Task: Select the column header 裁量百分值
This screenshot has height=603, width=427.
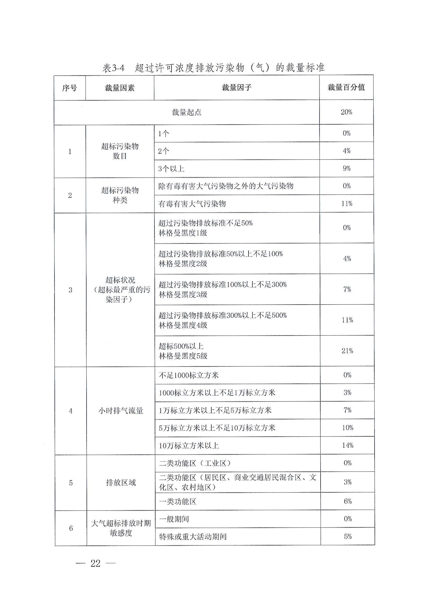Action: pyautogui.click(x=346, y=88)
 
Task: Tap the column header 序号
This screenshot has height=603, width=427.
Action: pyautogui.click(x=70, y=88)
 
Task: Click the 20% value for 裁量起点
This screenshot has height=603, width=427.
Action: pyautogui.click(x=346, y=112)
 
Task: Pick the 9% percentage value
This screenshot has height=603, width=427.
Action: pyautogui.click(x=347, y=168)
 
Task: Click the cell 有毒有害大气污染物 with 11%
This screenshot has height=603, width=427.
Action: pyautogui.click(x=192, y=204)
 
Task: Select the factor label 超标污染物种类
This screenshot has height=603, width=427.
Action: pyautogui.click(x=120, y=195)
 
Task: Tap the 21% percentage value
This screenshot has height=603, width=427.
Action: pyautogui.click(x=347, y=351)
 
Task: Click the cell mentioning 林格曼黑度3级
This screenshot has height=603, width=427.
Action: pyautogui.click(x=222, y=289)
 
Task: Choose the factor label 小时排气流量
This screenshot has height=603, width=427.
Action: pyautogui.click(x=121, y=411)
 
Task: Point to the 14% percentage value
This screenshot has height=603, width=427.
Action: pyautogui.click(x=348, y=445)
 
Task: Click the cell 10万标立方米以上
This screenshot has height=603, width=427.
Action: pyautogui.click(x=189, y=446)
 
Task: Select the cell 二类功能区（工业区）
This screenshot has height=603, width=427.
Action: pyautogui.click(x=195, y=463)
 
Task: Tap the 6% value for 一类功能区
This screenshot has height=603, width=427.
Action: pyautogui.click(x=348, y=501)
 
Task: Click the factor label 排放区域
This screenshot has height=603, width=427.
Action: pyautogui.click(x=121, y=482)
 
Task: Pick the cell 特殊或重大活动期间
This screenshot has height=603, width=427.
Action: pyautogui.click(x=193, y=536)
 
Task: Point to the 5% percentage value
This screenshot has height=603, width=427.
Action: pyautogui.click(x=348, y=536)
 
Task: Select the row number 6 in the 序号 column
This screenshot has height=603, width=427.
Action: pyautogui.click(x=71, y=528)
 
